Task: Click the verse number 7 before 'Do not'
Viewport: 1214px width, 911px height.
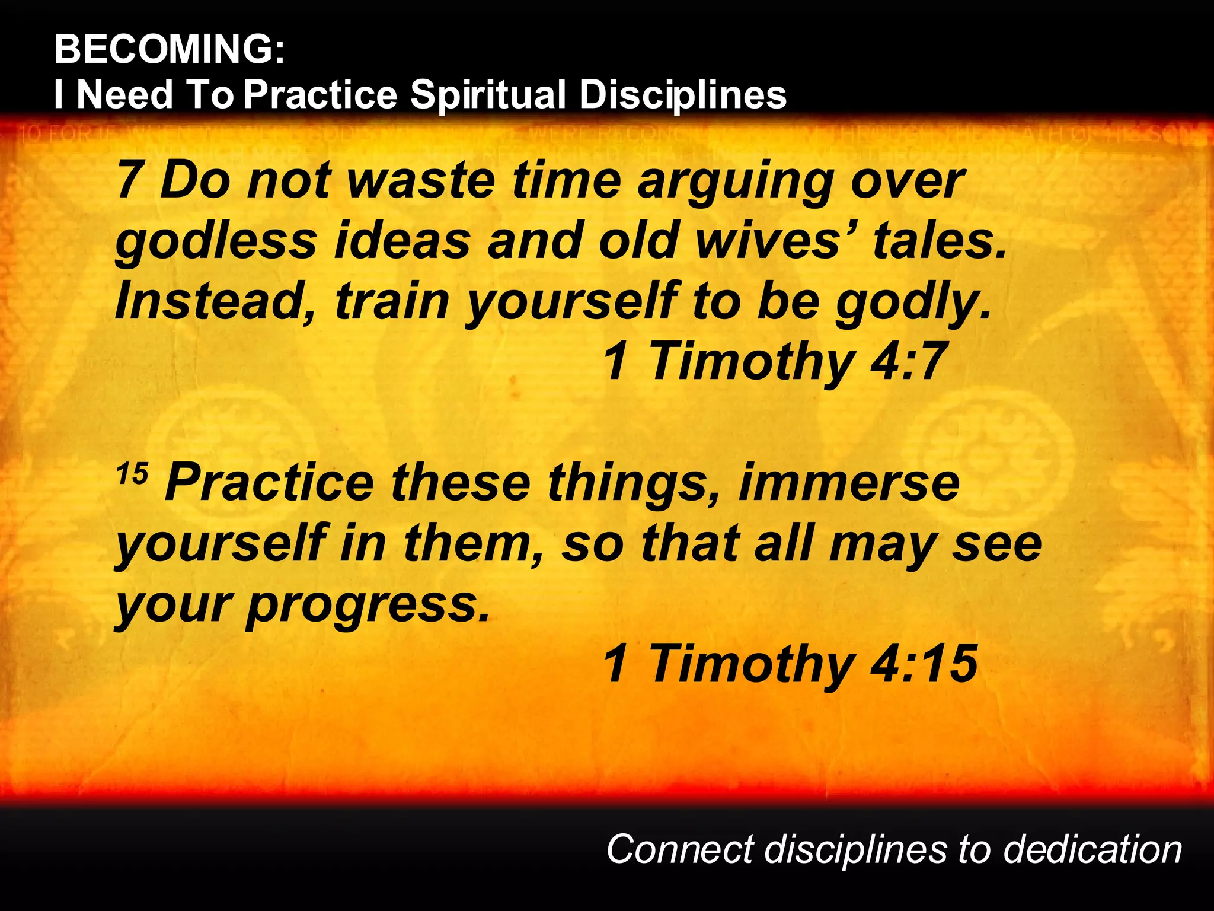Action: click(x=128, y=180)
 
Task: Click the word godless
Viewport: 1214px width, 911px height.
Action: click(x=216, y=242)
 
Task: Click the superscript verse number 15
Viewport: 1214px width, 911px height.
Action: click(x=132, y=474)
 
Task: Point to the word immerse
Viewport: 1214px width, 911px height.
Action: click(x=848, y=483)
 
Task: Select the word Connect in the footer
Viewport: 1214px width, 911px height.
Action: click(x=679, y=849)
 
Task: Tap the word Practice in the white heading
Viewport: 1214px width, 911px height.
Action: click(x=321, y=95)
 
